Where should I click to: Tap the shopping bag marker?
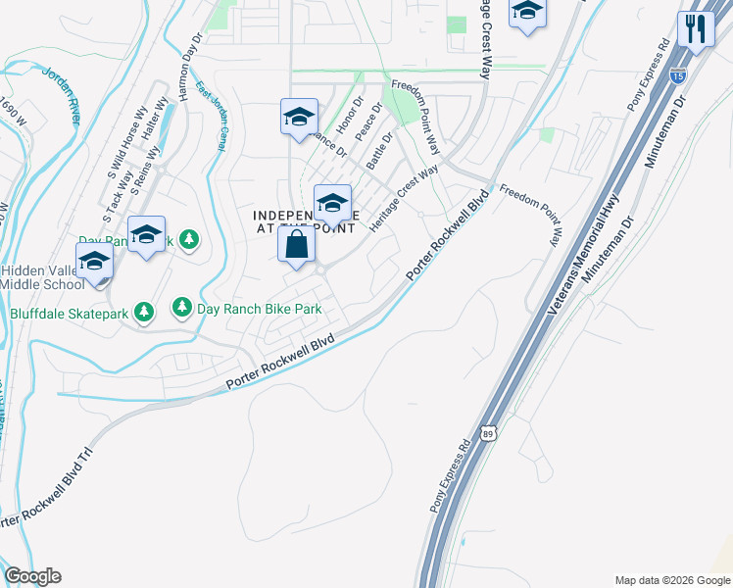(297, 246)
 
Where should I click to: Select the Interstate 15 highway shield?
(678, 74)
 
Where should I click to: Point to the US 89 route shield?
(488, 432)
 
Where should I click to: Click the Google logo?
(32, 576)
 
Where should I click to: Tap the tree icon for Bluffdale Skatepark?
(145, 312)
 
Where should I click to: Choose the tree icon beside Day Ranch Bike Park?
(182, 308)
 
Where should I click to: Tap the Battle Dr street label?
(379, 151)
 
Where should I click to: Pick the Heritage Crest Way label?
(403, 198)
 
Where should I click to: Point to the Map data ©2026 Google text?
(670, 579)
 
